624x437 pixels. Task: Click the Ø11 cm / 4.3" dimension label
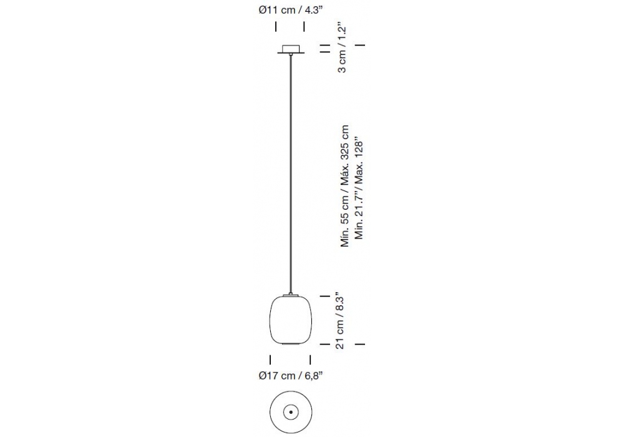(x=290, y=10)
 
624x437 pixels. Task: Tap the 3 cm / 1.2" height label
(x=342, y=49)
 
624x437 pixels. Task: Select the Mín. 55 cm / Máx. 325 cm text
(x=344, y=186)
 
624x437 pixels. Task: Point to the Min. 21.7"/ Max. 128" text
(x=359, y=189)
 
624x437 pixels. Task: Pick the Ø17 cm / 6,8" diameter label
(x=290, y=375)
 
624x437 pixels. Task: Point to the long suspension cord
(x=291, y=174)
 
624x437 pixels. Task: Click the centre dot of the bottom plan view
(x=291, y=412)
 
